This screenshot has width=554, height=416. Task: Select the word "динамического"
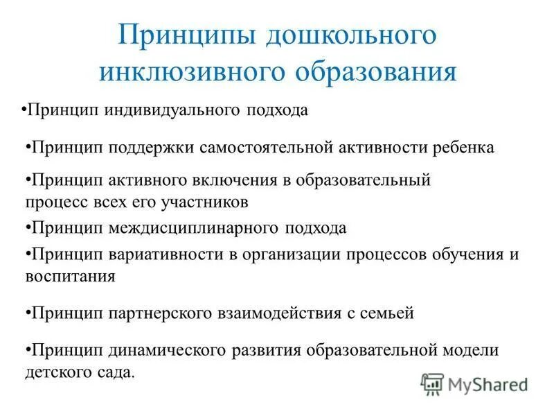coord(160,350)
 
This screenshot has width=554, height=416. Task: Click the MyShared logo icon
coord(433,383)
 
